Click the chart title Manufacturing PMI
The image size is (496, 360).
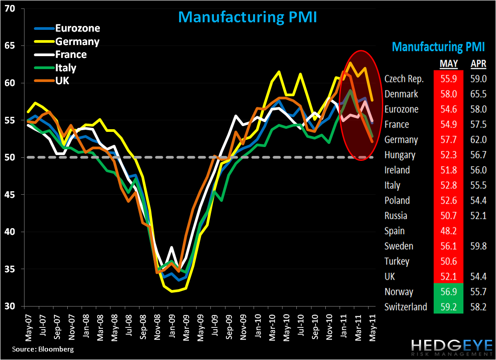pyautogui.click(x=247, y=16)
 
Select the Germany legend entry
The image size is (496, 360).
pyautogui.click(x=77, y=41)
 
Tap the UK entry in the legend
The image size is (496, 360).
pyautogui.click(x=62, y=81)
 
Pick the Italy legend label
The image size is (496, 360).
pyautogui.click(x=66, y=68)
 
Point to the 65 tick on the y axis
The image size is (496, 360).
pyautogui.click(x=10, y=46)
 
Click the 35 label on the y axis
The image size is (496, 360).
pyautogui.click(x=10, y=269)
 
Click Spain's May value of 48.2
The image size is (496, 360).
pyautogui.click(x=449, y=231)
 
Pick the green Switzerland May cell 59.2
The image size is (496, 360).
pyautogui.click(x=449, y=307)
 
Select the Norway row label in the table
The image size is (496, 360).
pyautogui.click(x=399, y=292)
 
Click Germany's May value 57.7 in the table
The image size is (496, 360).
pyautogui.click(x=449, y=139)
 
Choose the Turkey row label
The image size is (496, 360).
pyautogui.click(x=397, y=261)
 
